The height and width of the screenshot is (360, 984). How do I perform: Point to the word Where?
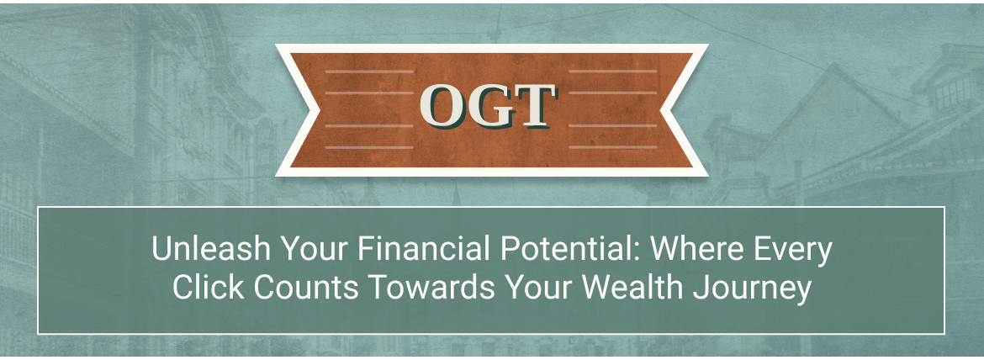click(696, 250)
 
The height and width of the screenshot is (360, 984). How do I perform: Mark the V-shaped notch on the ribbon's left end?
click(320, 109)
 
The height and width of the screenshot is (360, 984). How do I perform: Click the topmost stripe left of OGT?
click(369, 71)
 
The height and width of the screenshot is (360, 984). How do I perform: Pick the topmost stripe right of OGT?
click(612, 71)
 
